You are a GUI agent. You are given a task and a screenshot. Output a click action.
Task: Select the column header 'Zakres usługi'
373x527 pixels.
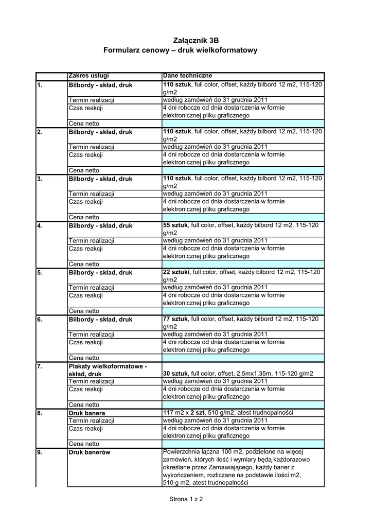pyautogui.click(x=88, y=76)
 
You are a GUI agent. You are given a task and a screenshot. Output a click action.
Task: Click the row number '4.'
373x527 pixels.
pyautogui.click(x=40, y=225)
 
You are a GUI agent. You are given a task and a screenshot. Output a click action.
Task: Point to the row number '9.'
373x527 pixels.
pyautogui.click(x=40, y=452)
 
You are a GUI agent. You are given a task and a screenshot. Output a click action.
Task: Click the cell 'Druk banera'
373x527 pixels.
pyautogui.click(x=87, y=413)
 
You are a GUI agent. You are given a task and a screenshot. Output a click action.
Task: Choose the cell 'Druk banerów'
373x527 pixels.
pyautogui.click(x=90, y=452)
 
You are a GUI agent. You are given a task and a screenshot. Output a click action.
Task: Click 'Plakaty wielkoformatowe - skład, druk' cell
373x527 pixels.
pyautogui.click(x=108, y=370)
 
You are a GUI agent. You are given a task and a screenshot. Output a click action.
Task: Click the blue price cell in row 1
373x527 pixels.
pyautogui.click(x=243, y=124)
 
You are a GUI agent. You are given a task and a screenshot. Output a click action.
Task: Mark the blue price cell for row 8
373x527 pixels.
pyautogui.click(x=243, y=444)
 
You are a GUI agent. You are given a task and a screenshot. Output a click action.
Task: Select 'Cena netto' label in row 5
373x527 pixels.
pyautogui.click(x=84, y=311)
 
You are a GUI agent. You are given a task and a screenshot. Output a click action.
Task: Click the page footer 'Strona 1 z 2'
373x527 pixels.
pyautogui.click(x=186, y=499)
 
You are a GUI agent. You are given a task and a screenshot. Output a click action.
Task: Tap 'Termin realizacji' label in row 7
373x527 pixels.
pyautogui.click(x=91, y=381)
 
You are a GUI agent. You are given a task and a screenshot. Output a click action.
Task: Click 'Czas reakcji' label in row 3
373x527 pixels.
pyautogui.click(x=85, y=202)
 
